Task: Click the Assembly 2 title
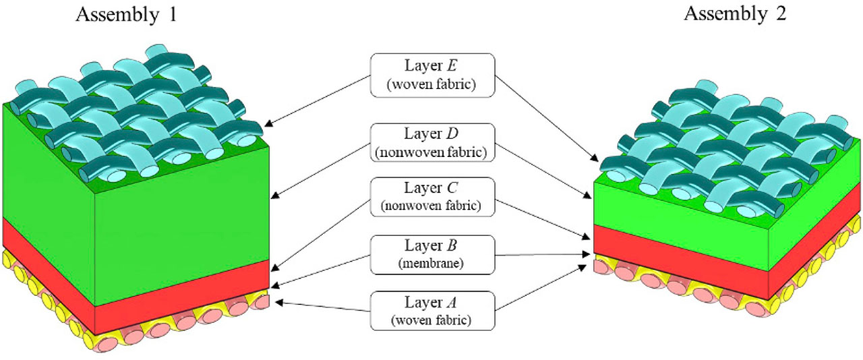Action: (x=736, y=14)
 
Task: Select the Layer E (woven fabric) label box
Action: (x=432, y=75)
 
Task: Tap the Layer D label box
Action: (x=432, y=142)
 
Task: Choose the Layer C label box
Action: (x=432, y=197)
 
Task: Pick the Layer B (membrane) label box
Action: (x=432, y=254)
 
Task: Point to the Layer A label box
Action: (x=432, y=309)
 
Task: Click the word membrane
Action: (x=432, y=264)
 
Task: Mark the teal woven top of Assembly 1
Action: (x=135, y=108)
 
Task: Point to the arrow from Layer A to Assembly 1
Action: (x=324, y=307)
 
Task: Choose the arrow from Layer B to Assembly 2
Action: (x=539, y=254)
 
